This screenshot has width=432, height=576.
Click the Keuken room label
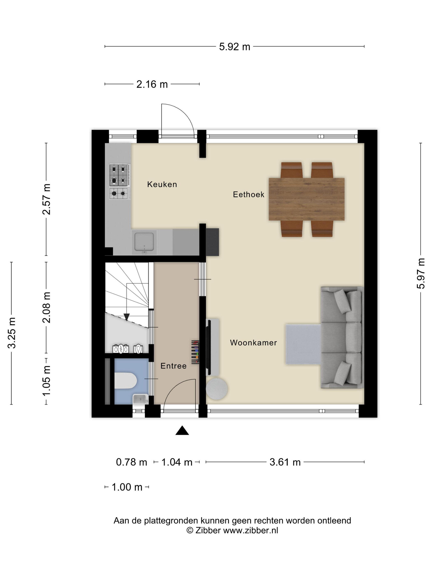click(x=162, y=184)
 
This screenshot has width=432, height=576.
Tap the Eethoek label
click(x=249, y=195)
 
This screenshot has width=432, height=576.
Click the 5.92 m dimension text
click(x=234, y=47)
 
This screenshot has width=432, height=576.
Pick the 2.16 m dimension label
click(x=152, y=84)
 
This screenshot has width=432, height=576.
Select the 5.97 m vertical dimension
click(x=420, y=273)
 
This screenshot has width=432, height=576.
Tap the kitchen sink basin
click(x=144, y=242)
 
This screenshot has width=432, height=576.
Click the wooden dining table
click(x=307, y=199)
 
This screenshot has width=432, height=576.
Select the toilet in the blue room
click(x=125, y=380)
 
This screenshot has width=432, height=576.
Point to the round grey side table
click(x=217, y=389)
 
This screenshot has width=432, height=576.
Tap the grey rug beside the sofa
click(x=303, y=344)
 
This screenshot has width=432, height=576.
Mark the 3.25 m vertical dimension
click(x=12, y=333)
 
